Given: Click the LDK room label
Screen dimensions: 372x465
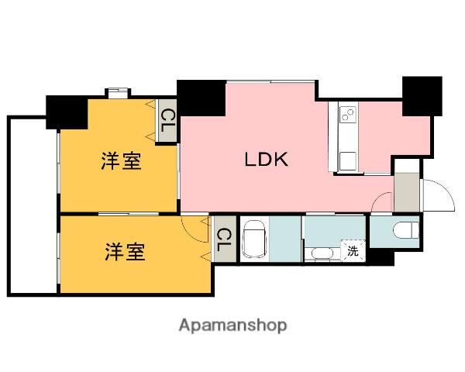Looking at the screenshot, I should coord(267,160).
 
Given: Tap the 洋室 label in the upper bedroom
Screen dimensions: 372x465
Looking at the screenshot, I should coord(121,162).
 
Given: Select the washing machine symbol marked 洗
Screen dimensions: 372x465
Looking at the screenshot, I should coord(353,250).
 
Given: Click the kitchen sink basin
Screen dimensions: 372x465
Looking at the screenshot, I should coord(346,159).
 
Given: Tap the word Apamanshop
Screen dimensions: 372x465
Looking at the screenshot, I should coord(232,325).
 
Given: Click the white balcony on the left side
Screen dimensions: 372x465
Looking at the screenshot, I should coord(32,205).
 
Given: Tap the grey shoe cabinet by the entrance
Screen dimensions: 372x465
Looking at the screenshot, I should coord(404,192).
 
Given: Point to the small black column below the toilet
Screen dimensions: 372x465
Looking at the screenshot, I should coord(382,257).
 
